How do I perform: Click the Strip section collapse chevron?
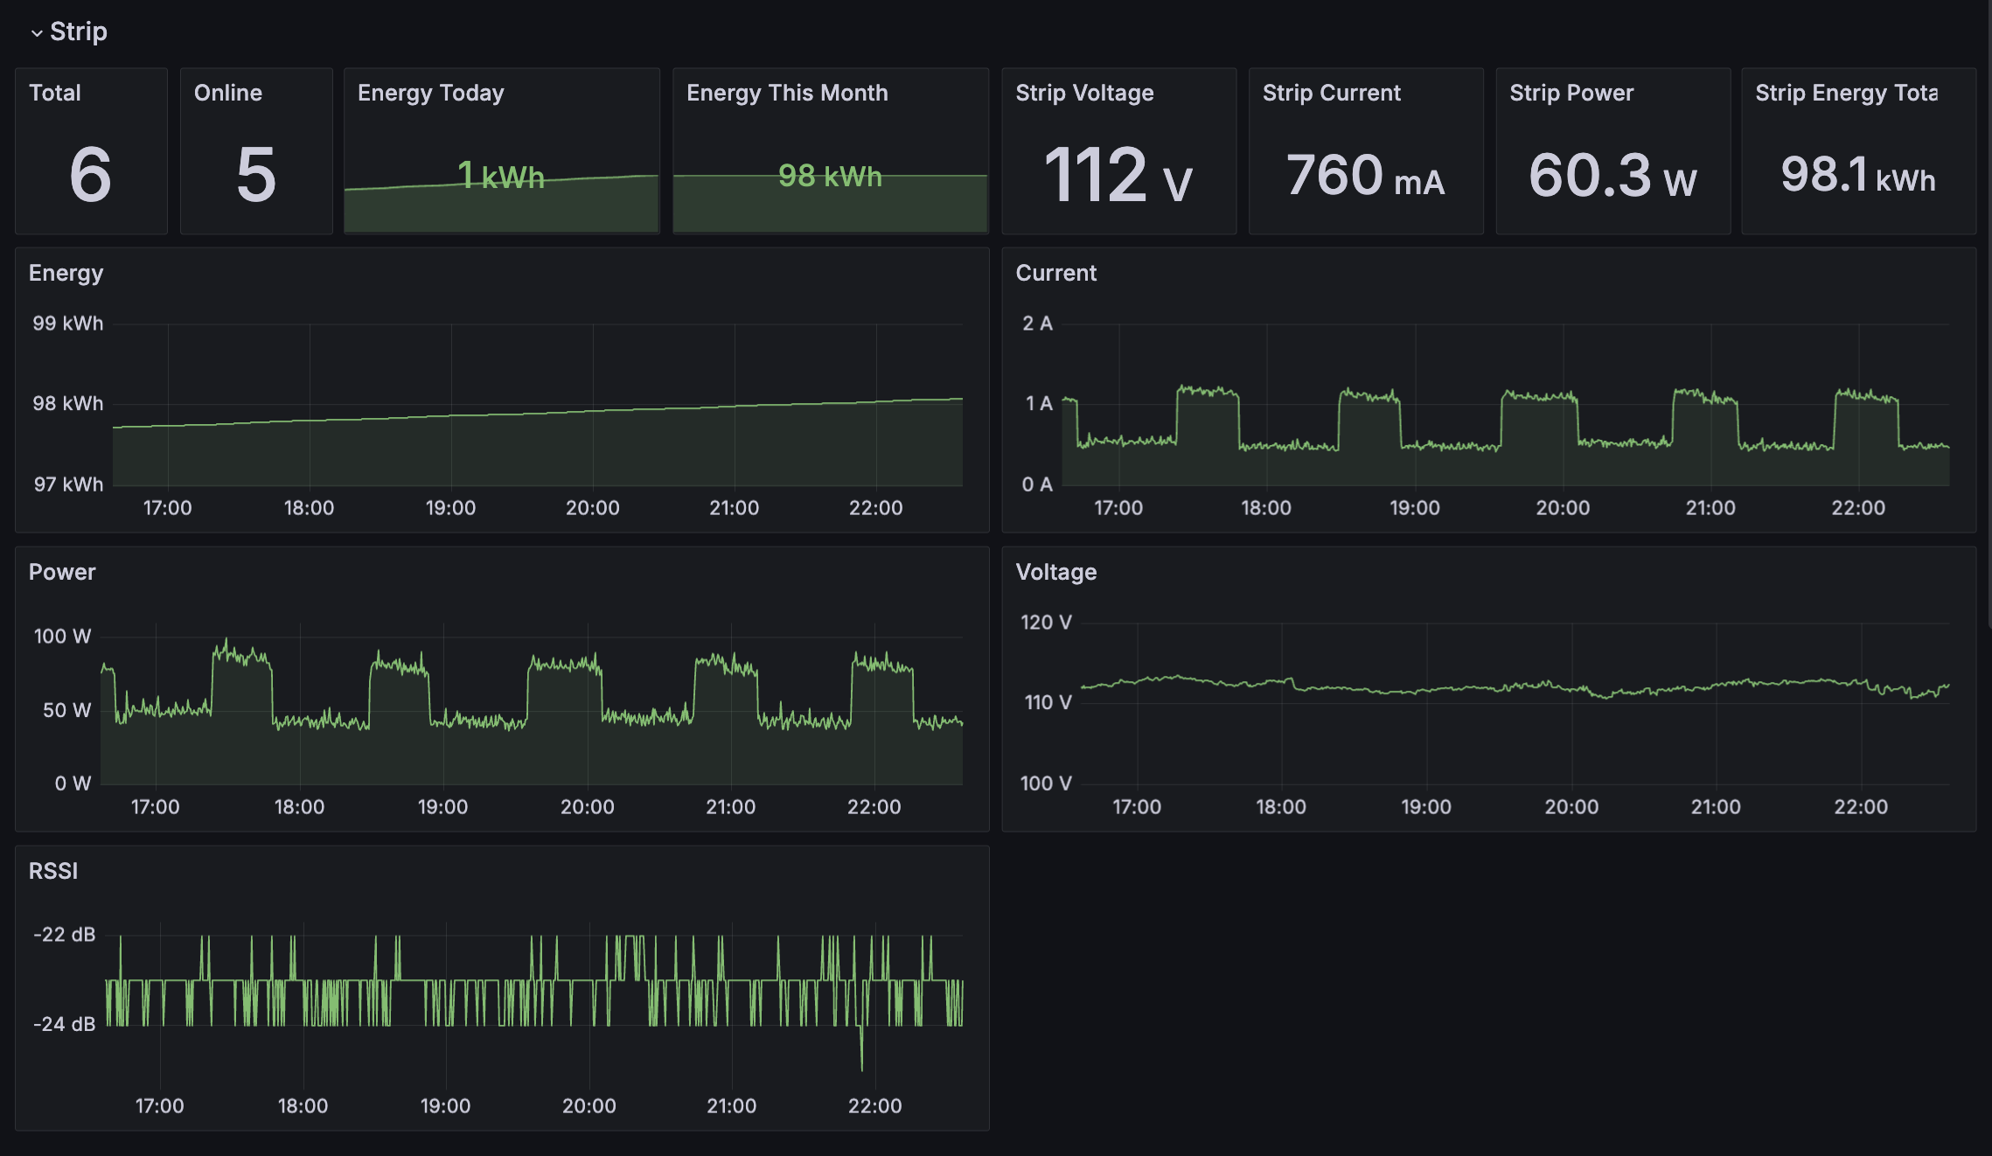(x=37, y=33)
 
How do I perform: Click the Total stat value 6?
(x=91, y=175)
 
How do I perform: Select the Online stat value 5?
(x=256, y=175)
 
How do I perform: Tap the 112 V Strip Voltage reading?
(x=1118, y=176)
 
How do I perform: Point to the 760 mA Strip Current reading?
(x=1365, y=176)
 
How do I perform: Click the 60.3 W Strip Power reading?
(x=1612, y=176)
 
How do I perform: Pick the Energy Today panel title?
(x=431, y=93)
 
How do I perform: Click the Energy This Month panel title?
(x=787, y=93)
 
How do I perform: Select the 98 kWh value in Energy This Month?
(x=830, y=176)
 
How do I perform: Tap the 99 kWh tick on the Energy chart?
(x=68, y=324)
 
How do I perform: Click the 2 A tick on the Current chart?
(x=1037, y=324)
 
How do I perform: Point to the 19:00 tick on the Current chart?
(x=1415, y=508)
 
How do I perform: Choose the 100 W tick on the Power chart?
(x=62, y=637)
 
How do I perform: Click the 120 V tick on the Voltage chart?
(x=1046, y=623)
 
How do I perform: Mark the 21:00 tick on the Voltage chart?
(x=1716, y=807)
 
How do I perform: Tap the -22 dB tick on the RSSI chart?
(x=64, y=935)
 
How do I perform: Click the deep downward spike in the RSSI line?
(x=861, y=1062)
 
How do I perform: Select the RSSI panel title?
(x=53, y=871)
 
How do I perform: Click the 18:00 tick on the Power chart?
(x=299, y=807)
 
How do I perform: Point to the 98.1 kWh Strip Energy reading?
(x=1858, y=176)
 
